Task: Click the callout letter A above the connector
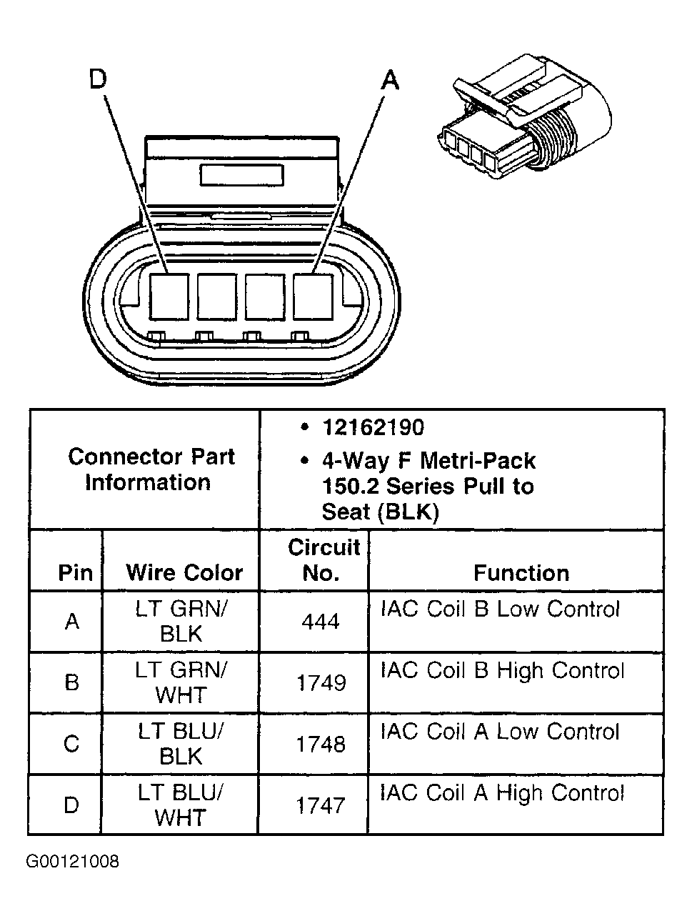(390, 80)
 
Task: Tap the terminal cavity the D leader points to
(169, 297)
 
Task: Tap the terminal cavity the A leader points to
(313, 297)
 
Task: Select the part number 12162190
(373, 427)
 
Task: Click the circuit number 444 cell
(320, 622)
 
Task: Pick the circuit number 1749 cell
(321, 683)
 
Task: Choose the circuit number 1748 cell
(321, 745)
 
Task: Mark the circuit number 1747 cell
(321, 806)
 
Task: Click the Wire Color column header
(184, 572)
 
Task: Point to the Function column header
(521, 573)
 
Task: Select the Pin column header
(75, 572)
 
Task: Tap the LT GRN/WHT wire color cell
(181, 682)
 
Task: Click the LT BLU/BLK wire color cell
(181, 744)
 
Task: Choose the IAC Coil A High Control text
(502, 793)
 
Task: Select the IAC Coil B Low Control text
(500, 609)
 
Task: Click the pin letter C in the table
(71, 745)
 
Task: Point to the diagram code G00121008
(73, 861)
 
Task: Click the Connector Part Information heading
(150, 469)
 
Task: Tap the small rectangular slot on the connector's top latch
(242, 176)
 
